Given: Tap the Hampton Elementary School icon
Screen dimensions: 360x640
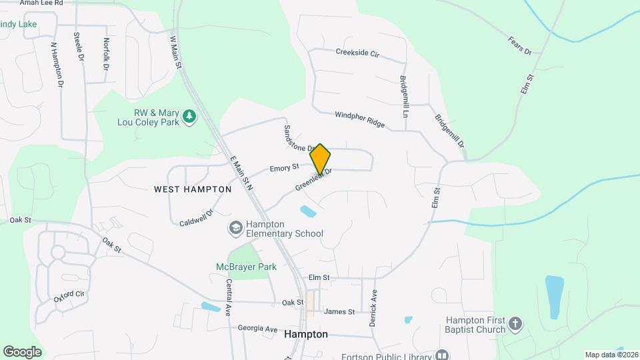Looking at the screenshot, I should [235, 228].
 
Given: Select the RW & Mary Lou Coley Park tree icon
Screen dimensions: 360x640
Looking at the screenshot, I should [190, 117].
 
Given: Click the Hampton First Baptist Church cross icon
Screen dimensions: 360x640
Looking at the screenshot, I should [515, 324].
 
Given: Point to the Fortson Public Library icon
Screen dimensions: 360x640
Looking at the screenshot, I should [441, 355].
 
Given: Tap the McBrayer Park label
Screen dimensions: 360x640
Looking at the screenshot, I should [246, 267].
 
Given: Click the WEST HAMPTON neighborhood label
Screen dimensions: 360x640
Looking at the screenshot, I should [193, 189].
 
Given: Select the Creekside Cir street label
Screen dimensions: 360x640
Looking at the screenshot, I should [357, 52].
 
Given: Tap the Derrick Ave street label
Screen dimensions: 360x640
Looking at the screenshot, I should [375, 303].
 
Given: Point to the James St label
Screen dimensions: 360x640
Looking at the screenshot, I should [339, 311].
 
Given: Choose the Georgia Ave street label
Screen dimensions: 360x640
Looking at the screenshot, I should [257, 329].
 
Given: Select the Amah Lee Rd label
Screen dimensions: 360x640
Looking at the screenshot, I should [41, 3].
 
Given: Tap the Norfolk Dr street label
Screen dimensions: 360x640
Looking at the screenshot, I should [106, 54].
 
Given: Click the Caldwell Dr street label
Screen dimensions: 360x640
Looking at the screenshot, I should [195, 217].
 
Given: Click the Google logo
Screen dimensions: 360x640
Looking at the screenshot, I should [22, 352].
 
